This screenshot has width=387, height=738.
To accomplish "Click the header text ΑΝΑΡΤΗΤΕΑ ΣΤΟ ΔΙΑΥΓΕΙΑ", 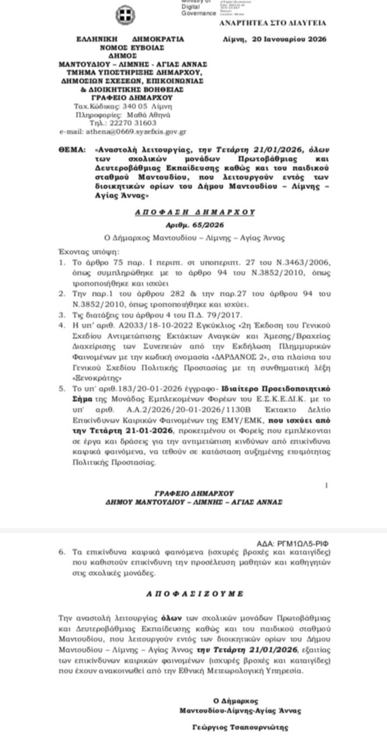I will click(273, 23).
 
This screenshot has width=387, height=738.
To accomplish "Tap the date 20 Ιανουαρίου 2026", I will click(290, 39).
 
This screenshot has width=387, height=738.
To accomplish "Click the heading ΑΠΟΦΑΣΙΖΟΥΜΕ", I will click(195, 594).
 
